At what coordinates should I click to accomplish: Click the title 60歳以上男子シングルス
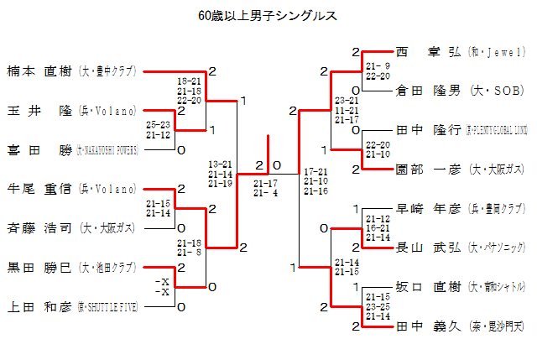tap(268, 15)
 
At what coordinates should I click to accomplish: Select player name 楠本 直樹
tap(39, 71)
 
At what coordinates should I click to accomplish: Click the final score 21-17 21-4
tap(266, 187)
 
